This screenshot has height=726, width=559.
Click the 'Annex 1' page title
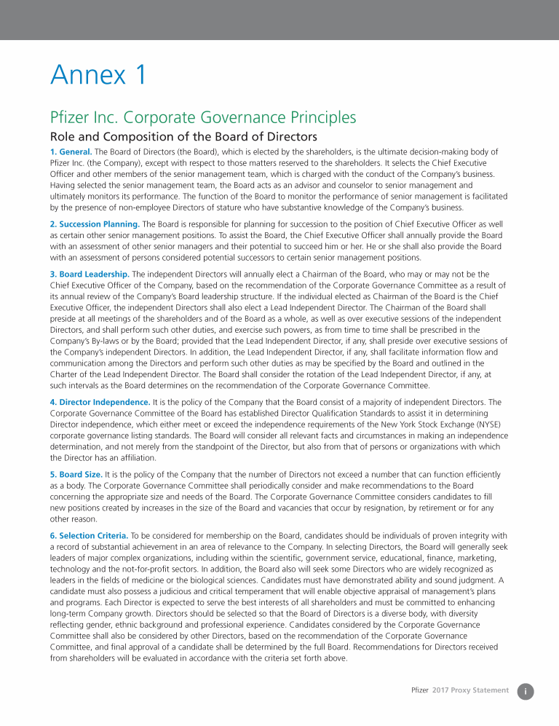coord(98,74)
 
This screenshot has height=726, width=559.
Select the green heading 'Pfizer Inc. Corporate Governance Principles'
coord(203,117)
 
